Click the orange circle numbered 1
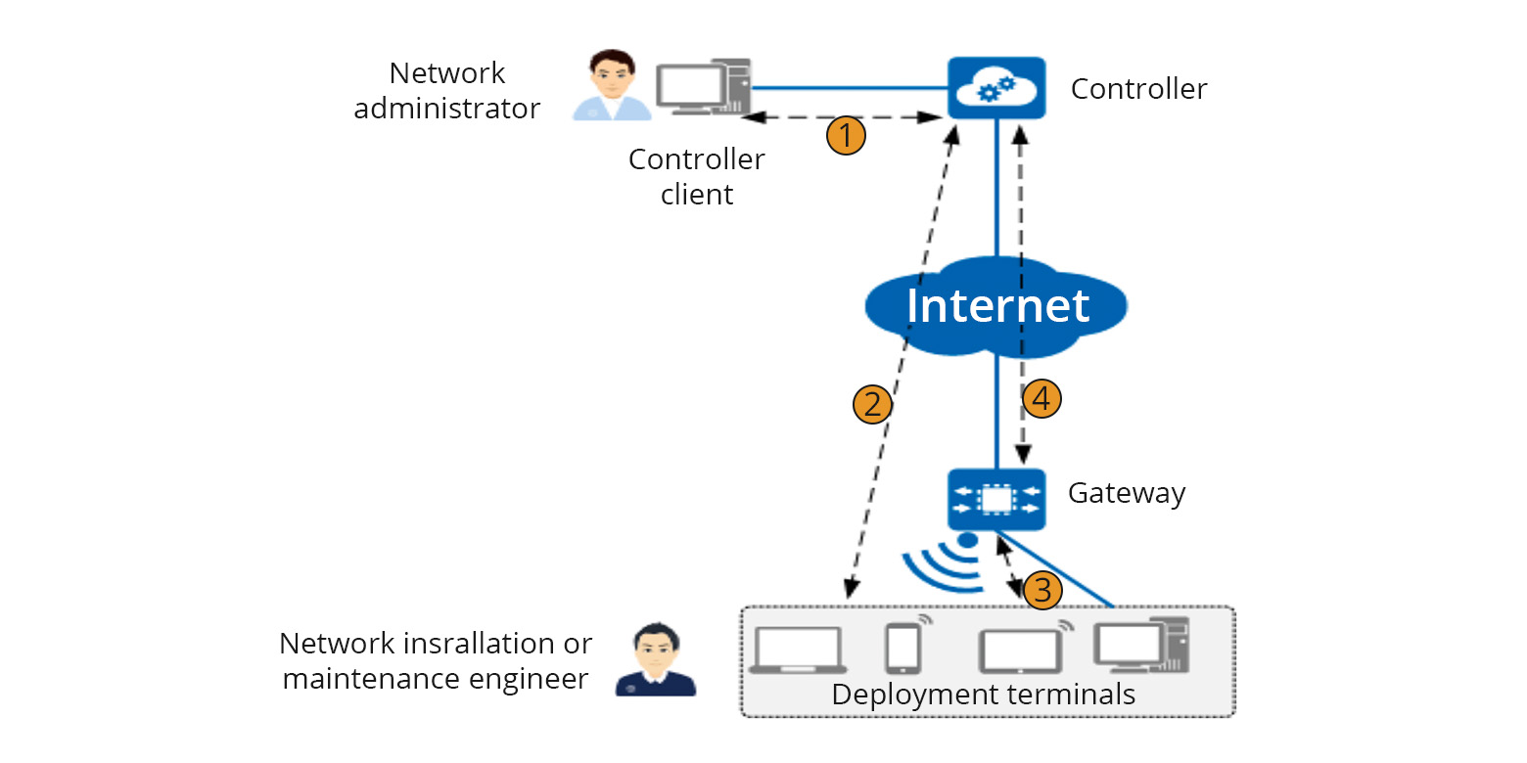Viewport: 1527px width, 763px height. point(847,135)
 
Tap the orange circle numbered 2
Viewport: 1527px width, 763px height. point(873,403)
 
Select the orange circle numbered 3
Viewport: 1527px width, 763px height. point(1041,590)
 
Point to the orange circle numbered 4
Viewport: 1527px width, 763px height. point(1041,398)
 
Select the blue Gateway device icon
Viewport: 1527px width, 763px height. point(996,500)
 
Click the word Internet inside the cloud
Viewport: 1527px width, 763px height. point(996,305)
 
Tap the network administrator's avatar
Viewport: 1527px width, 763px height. point(611,86)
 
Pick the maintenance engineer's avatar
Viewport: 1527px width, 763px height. point(655,661)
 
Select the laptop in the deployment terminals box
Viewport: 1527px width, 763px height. point(798,650)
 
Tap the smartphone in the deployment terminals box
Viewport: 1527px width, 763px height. point(905,647)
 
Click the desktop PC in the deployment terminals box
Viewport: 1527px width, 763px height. point(1140,645)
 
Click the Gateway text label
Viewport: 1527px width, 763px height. point(1126,492)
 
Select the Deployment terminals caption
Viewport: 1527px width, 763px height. point(983,695)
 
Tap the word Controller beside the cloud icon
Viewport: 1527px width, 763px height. point(1138,89)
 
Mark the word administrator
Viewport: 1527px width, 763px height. point(446,108)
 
